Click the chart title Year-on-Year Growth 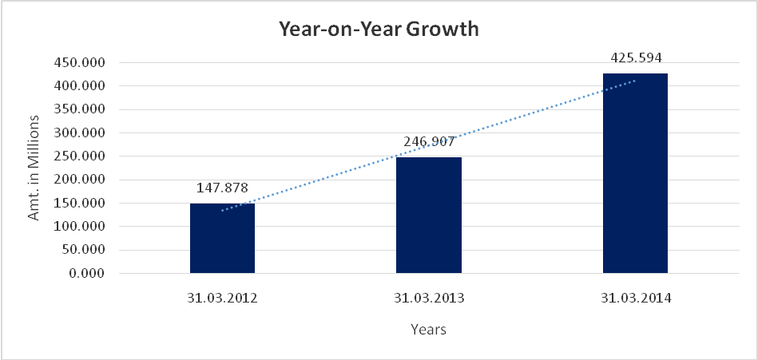point(378,30)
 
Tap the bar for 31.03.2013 point(429,215)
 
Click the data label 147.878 point(222,188)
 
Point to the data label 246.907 point(429,142)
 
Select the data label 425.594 point(636,57)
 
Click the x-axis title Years point(428,329)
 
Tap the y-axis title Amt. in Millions point(34,168)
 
